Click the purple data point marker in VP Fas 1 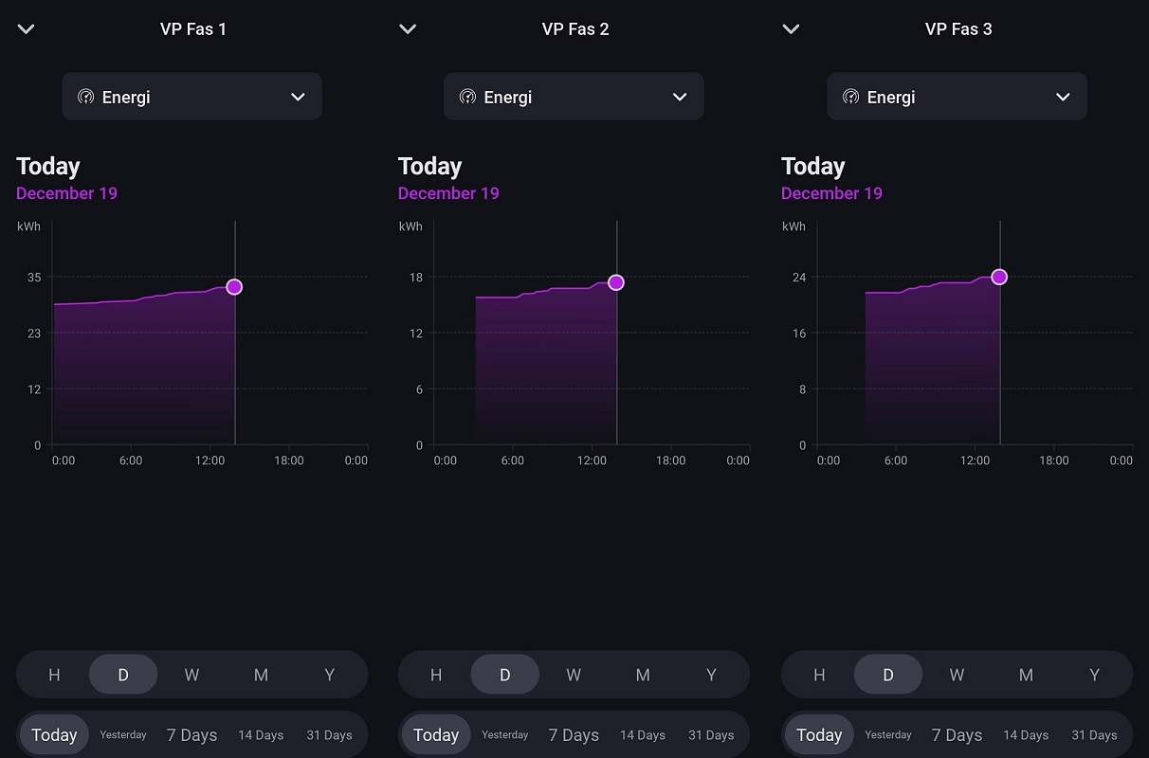coord(234,287)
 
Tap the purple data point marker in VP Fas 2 coord(616,282)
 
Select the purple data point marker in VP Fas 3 coord(999,277)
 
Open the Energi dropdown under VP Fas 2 coord(574,97)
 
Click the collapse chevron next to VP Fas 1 coord(27,29)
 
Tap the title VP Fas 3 coord(958,29)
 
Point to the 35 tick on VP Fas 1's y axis coord(34,278)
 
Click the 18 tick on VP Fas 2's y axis coord(415,278)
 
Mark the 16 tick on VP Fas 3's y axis coord(799,334)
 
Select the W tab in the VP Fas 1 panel coord(191,675)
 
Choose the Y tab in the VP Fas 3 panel coord(1094,675)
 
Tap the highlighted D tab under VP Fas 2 coord(504,675)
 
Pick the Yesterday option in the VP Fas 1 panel coord(123,735)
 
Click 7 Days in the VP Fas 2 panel coord(574,735)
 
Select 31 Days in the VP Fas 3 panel coord(1094,735)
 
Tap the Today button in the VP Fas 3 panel coord(819,735)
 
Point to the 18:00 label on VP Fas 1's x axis coord(289,460)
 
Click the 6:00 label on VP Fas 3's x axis coord(895,460)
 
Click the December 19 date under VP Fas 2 coord(448,193)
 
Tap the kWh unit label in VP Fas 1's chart coord(28,226)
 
